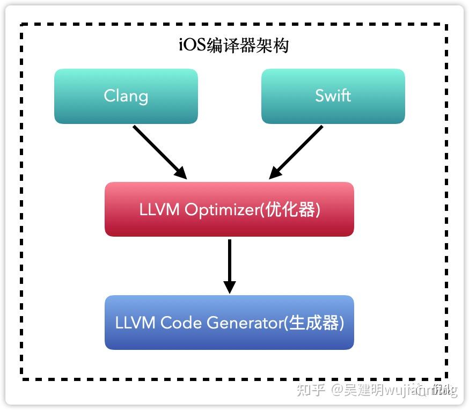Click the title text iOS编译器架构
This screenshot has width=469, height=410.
[233, 45]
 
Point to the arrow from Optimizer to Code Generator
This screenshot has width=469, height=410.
[229, 263]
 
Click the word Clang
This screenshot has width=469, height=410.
[126, 96]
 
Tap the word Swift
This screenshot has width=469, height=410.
[333, 96]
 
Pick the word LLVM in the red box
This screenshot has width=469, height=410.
[159, 210]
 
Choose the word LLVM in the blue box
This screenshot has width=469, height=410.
[135, 323]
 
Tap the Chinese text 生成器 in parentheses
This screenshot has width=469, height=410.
[313, 323]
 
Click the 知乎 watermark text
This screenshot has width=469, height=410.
[311, 390]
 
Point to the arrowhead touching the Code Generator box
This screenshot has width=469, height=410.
[229, 287]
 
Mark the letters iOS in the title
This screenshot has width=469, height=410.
[190, 45]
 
